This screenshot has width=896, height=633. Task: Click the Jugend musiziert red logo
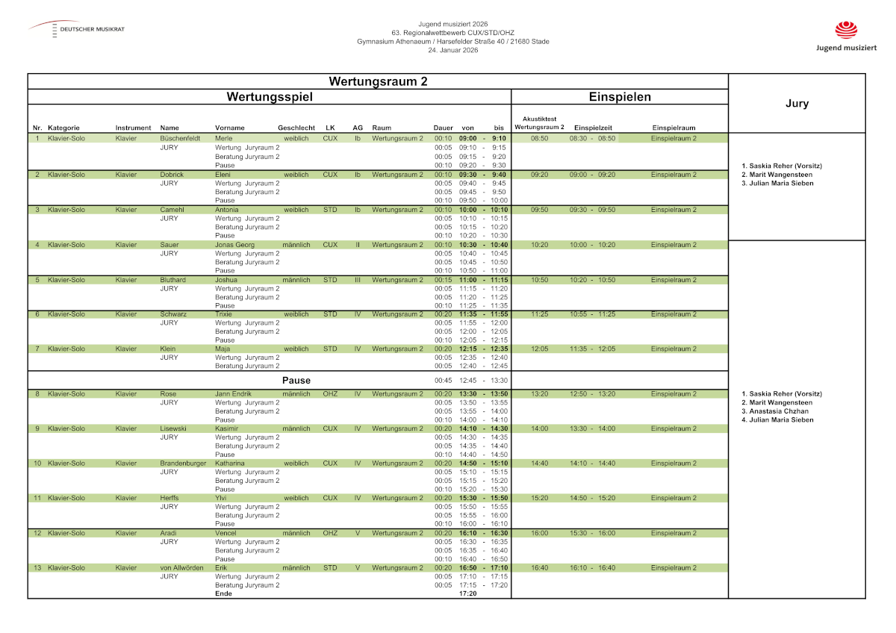846,31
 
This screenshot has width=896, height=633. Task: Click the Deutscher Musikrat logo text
92,29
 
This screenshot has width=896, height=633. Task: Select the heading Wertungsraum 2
378,81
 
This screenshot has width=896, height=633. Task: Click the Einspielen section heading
619,97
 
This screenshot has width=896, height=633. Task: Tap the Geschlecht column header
296,128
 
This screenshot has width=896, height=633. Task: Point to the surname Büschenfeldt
180,138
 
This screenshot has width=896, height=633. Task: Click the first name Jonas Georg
234,245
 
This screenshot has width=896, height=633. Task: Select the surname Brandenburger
183,463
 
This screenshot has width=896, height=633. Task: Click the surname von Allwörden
181,567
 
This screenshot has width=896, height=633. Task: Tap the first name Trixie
223,314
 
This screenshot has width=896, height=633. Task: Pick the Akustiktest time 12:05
539,349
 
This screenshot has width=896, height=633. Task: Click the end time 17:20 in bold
467,593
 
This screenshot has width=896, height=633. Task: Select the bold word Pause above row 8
296,380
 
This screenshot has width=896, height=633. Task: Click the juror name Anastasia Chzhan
775,411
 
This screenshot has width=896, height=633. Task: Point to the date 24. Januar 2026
452,50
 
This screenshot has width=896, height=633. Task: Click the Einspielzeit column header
593,128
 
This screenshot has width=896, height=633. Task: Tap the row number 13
37,567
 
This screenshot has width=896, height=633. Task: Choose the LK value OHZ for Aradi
330,533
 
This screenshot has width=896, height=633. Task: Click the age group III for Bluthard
358,280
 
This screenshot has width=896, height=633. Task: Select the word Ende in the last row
223,593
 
